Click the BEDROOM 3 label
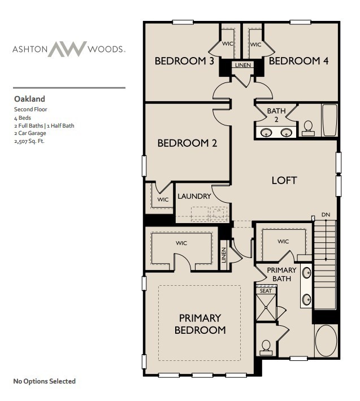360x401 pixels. pos(184,61)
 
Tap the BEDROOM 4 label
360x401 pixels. pos(298,61)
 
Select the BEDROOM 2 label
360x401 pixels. pos(187,143)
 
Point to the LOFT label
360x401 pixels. pos(284,181)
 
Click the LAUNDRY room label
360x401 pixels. pos(194,197)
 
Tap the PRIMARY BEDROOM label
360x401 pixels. pos(200,324)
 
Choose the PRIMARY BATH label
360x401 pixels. pos(281,274)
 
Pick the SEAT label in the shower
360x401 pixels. pos(265,290)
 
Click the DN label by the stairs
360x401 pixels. pos(325,215)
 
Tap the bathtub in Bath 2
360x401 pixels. pos(329,120)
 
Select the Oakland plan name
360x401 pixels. pos(29,98)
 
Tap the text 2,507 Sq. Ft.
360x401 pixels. pos(29,141)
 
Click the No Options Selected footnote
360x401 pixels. pos(44,381)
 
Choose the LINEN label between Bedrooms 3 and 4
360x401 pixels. pos(242,66)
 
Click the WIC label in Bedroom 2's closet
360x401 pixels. pos(163,199)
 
